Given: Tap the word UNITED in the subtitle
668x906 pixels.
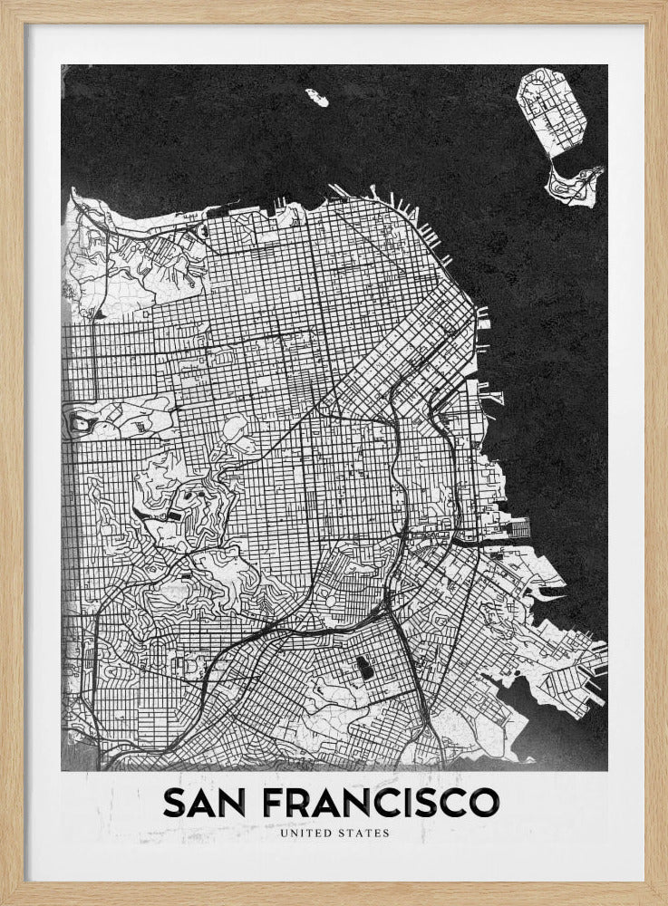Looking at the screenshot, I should coord(307,832).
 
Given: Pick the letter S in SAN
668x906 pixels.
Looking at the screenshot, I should coord(172,801).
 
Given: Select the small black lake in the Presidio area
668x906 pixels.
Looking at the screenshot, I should coord(101,313).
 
